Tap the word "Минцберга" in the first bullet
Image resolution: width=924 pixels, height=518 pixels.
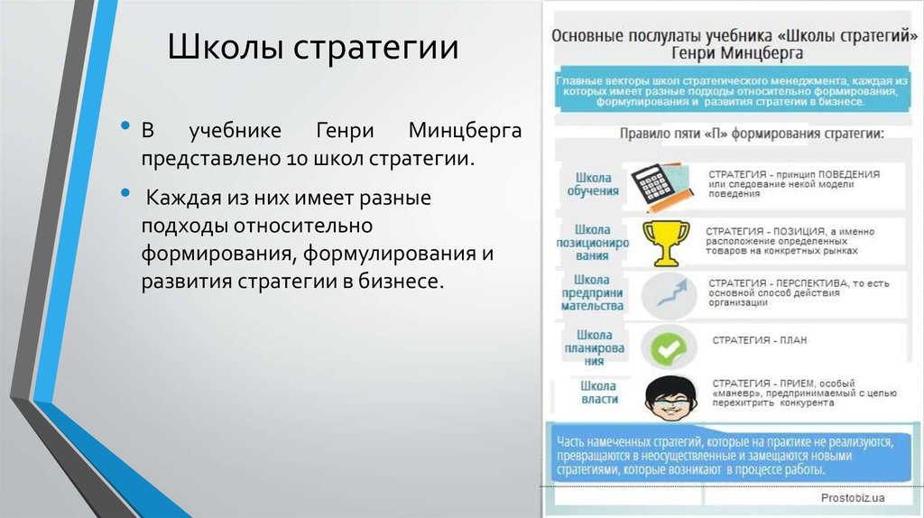pyautogui.click(x=465, y=131)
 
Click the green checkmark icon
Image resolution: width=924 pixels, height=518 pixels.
pyautogui.click(x=668, y=346)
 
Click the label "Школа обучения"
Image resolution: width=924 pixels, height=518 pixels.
pyautogui.click(x=593, y=183)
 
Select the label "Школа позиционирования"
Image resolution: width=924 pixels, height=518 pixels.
pyautogui.click(x=593, y=242)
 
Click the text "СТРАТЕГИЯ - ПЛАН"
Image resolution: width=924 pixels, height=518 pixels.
pyautogui.click(x=759, y=341)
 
